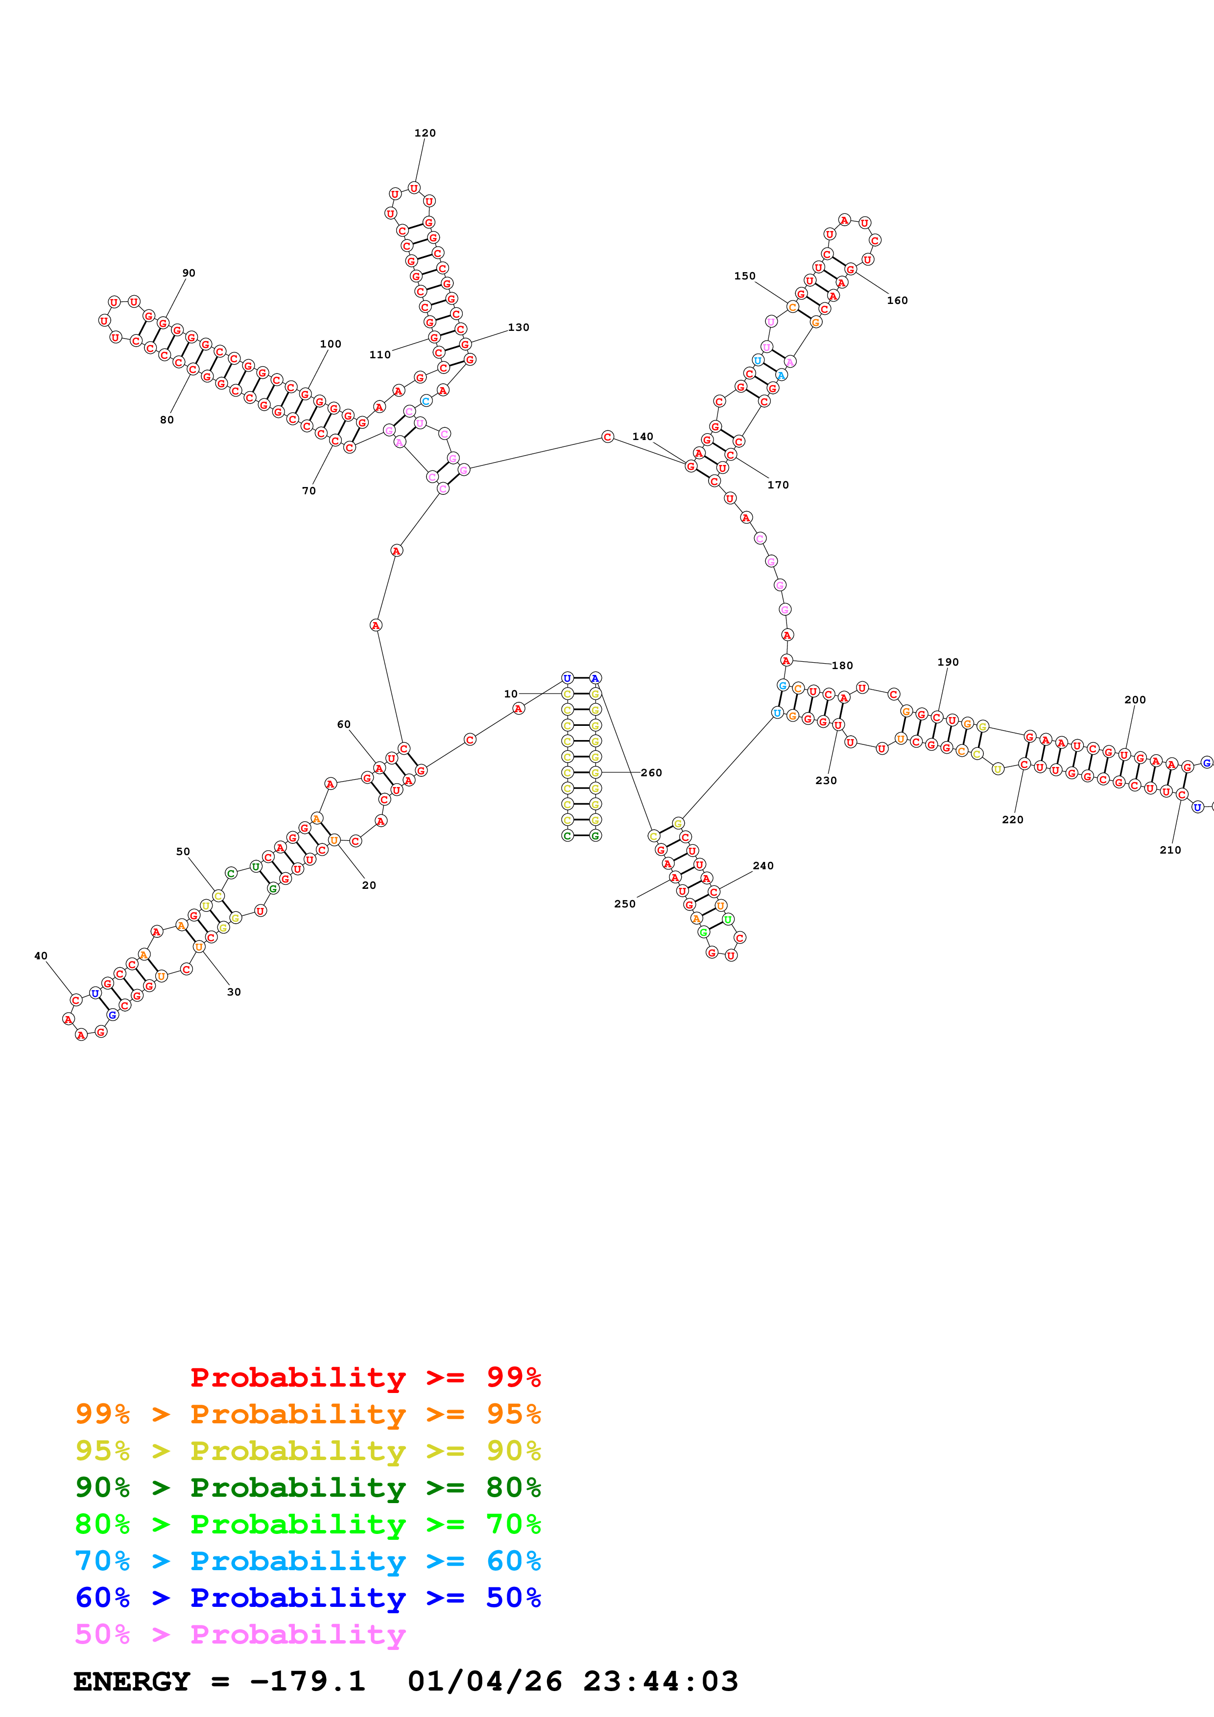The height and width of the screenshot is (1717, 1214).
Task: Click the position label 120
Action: click(x=425, y=133)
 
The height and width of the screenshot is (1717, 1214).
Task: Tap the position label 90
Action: click(x=189, y=273)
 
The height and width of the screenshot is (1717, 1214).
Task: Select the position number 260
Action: click(x=651, y=772)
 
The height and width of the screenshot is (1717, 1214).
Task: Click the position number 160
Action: click(x=897, y=301)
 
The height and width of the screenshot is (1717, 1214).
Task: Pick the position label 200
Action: click(x=1135, y=700)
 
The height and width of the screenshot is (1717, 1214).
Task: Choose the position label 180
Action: click(x=842, y=666)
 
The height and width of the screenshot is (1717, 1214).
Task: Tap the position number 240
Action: click(x=763, y=866)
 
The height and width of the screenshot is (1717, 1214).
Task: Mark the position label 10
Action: click(x=510, y=694)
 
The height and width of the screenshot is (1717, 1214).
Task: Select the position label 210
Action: click(x=1170, y=850)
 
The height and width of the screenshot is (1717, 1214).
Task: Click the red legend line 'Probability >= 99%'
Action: click(x=365, y=1377)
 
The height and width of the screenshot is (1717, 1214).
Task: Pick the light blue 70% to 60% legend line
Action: click(x=308, y=1561)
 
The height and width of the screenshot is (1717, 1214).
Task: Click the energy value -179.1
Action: click(x=308, y=1681)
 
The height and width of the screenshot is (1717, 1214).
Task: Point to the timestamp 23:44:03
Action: click(x=661, y=1681)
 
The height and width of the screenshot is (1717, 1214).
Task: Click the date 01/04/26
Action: click(x=485, y=1681)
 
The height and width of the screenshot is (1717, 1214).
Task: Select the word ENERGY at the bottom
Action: click(x=132, y=1681)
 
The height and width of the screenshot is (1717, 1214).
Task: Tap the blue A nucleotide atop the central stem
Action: click(x=595, y=678)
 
